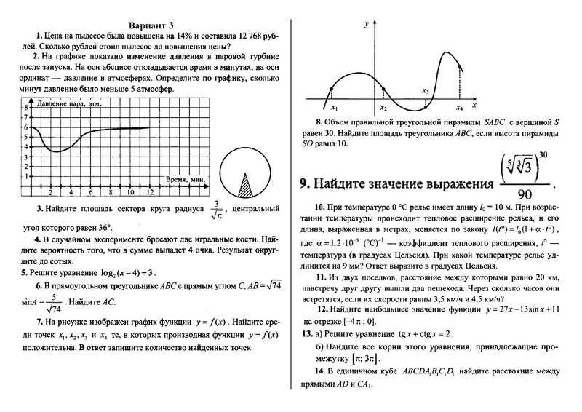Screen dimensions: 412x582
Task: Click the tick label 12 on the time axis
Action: (149, 192)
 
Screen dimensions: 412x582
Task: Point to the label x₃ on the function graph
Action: (425, 91)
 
